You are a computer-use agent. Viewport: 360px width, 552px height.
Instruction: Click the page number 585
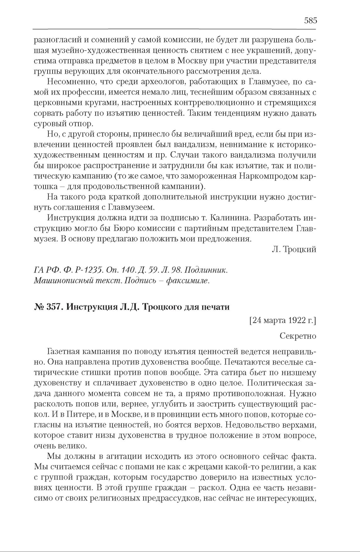coord(310,21)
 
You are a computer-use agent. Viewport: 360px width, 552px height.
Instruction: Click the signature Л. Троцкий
coord(294,250)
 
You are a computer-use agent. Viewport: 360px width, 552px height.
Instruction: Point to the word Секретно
coord(298,336)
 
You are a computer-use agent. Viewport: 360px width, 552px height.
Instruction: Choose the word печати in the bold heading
coord(216,307)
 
